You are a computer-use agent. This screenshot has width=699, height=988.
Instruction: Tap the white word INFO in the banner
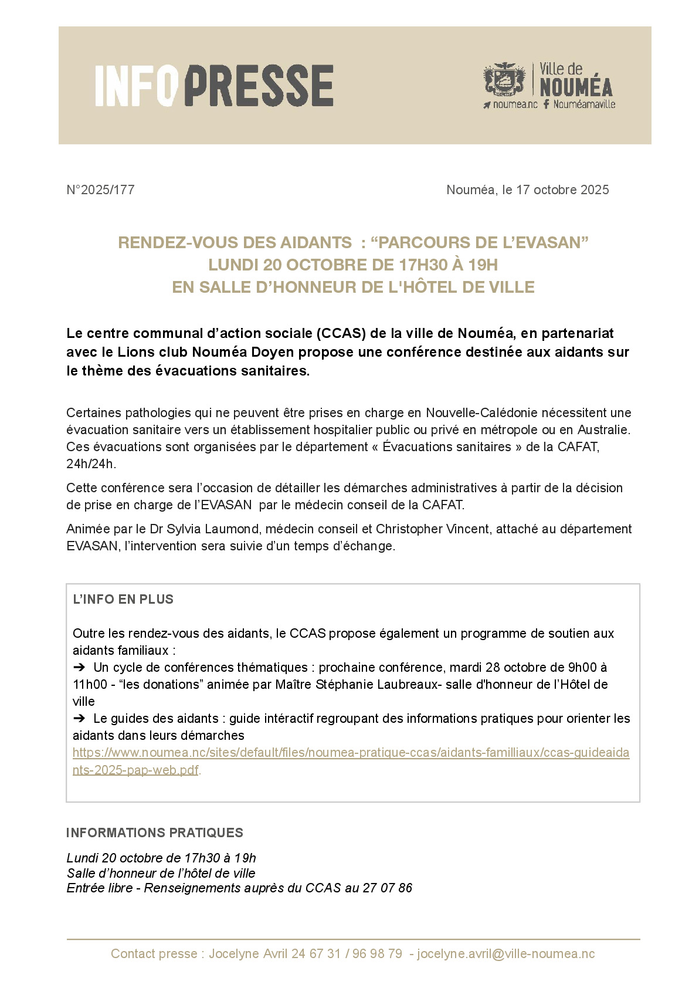[136, 86]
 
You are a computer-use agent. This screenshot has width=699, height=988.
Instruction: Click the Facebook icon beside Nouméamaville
[546, 104]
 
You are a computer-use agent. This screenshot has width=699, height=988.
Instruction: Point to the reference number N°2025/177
[100, 190]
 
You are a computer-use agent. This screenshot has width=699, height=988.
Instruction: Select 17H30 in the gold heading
[423, 265]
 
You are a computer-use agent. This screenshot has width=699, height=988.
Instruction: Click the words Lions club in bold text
[152, 352]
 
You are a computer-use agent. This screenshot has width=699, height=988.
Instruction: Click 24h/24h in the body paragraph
[91, 463]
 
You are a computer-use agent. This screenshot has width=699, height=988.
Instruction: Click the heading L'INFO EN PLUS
[123, 600]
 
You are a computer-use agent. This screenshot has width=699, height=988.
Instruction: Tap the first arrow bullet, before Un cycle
[79, 667]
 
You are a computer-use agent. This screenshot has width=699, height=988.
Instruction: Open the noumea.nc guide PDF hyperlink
[351, 753]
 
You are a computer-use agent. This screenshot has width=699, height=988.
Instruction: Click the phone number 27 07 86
[387, 888]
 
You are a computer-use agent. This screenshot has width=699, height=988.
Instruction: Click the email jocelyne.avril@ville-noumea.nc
[505, 954]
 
